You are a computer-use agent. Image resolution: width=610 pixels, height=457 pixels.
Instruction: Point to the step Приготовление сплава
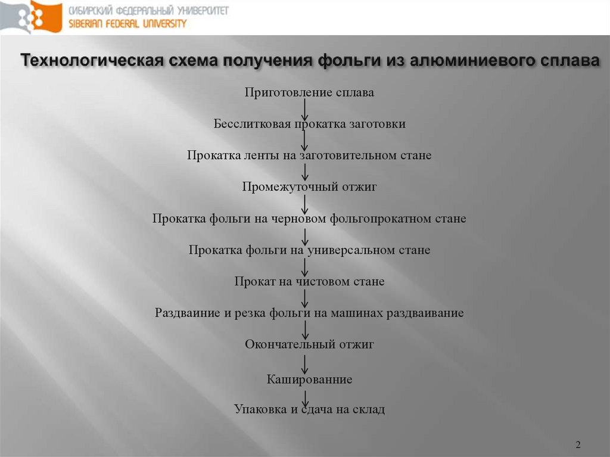click(x=309, y=92)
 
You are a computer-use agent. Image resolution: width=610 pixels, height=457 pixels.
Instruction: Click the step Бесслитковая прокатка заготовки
click(x=309, y=124)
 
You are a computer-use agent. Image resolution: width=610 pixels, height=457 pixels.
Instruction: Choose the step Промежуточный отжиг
click(x=309, y=186)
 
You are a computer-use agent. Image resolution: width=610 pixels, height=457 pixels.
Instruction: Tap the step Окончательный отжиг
click(x=309, y=344)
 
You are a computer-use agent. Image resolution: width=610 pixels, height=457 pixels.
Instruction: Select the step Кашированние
click(x=309, y=379)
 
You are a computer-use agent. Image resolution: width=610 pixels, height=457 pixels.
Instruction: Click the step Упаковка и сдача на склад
click(x=309, y=409)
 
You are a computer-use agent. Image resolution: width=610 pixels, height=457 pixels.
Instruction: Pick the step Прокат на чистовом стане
click(x=309, y=281)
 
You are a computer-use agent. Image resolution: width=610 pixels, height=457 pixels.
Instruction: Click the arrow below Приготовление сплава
click(x=304, y=108)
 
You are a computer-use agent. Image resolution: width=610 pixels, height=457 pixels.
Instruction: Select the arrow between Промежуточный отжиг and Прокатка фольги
click(x=304, y=203)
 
